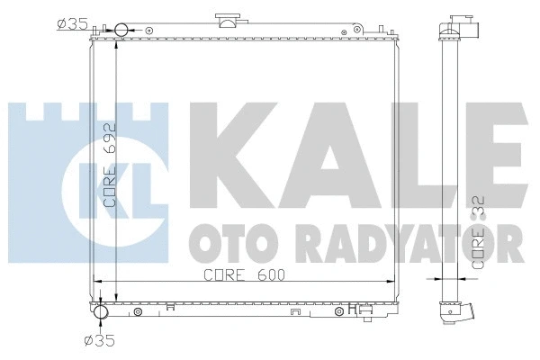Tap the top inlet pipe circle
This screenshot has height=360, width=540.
click(x=122, y=31)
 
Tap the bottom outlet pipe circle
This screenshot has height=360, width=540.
click(x=100, y=312)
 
